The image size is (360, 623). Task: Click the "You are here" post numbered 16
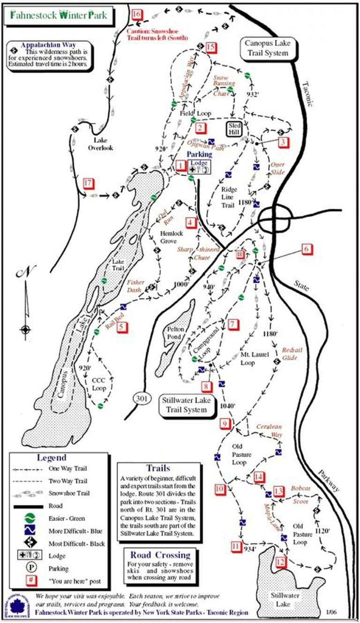(136, 14)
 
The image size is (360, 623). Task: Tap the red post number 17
(88, 183)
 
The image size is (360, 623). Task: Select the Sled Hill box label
(234, 129)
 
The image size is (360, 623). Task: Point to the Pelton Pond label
(173, 333)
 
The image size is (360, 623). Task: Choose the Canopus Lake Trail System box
(266, 48)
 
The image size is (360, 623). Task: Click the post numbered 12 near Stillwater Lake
(280, 562)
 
